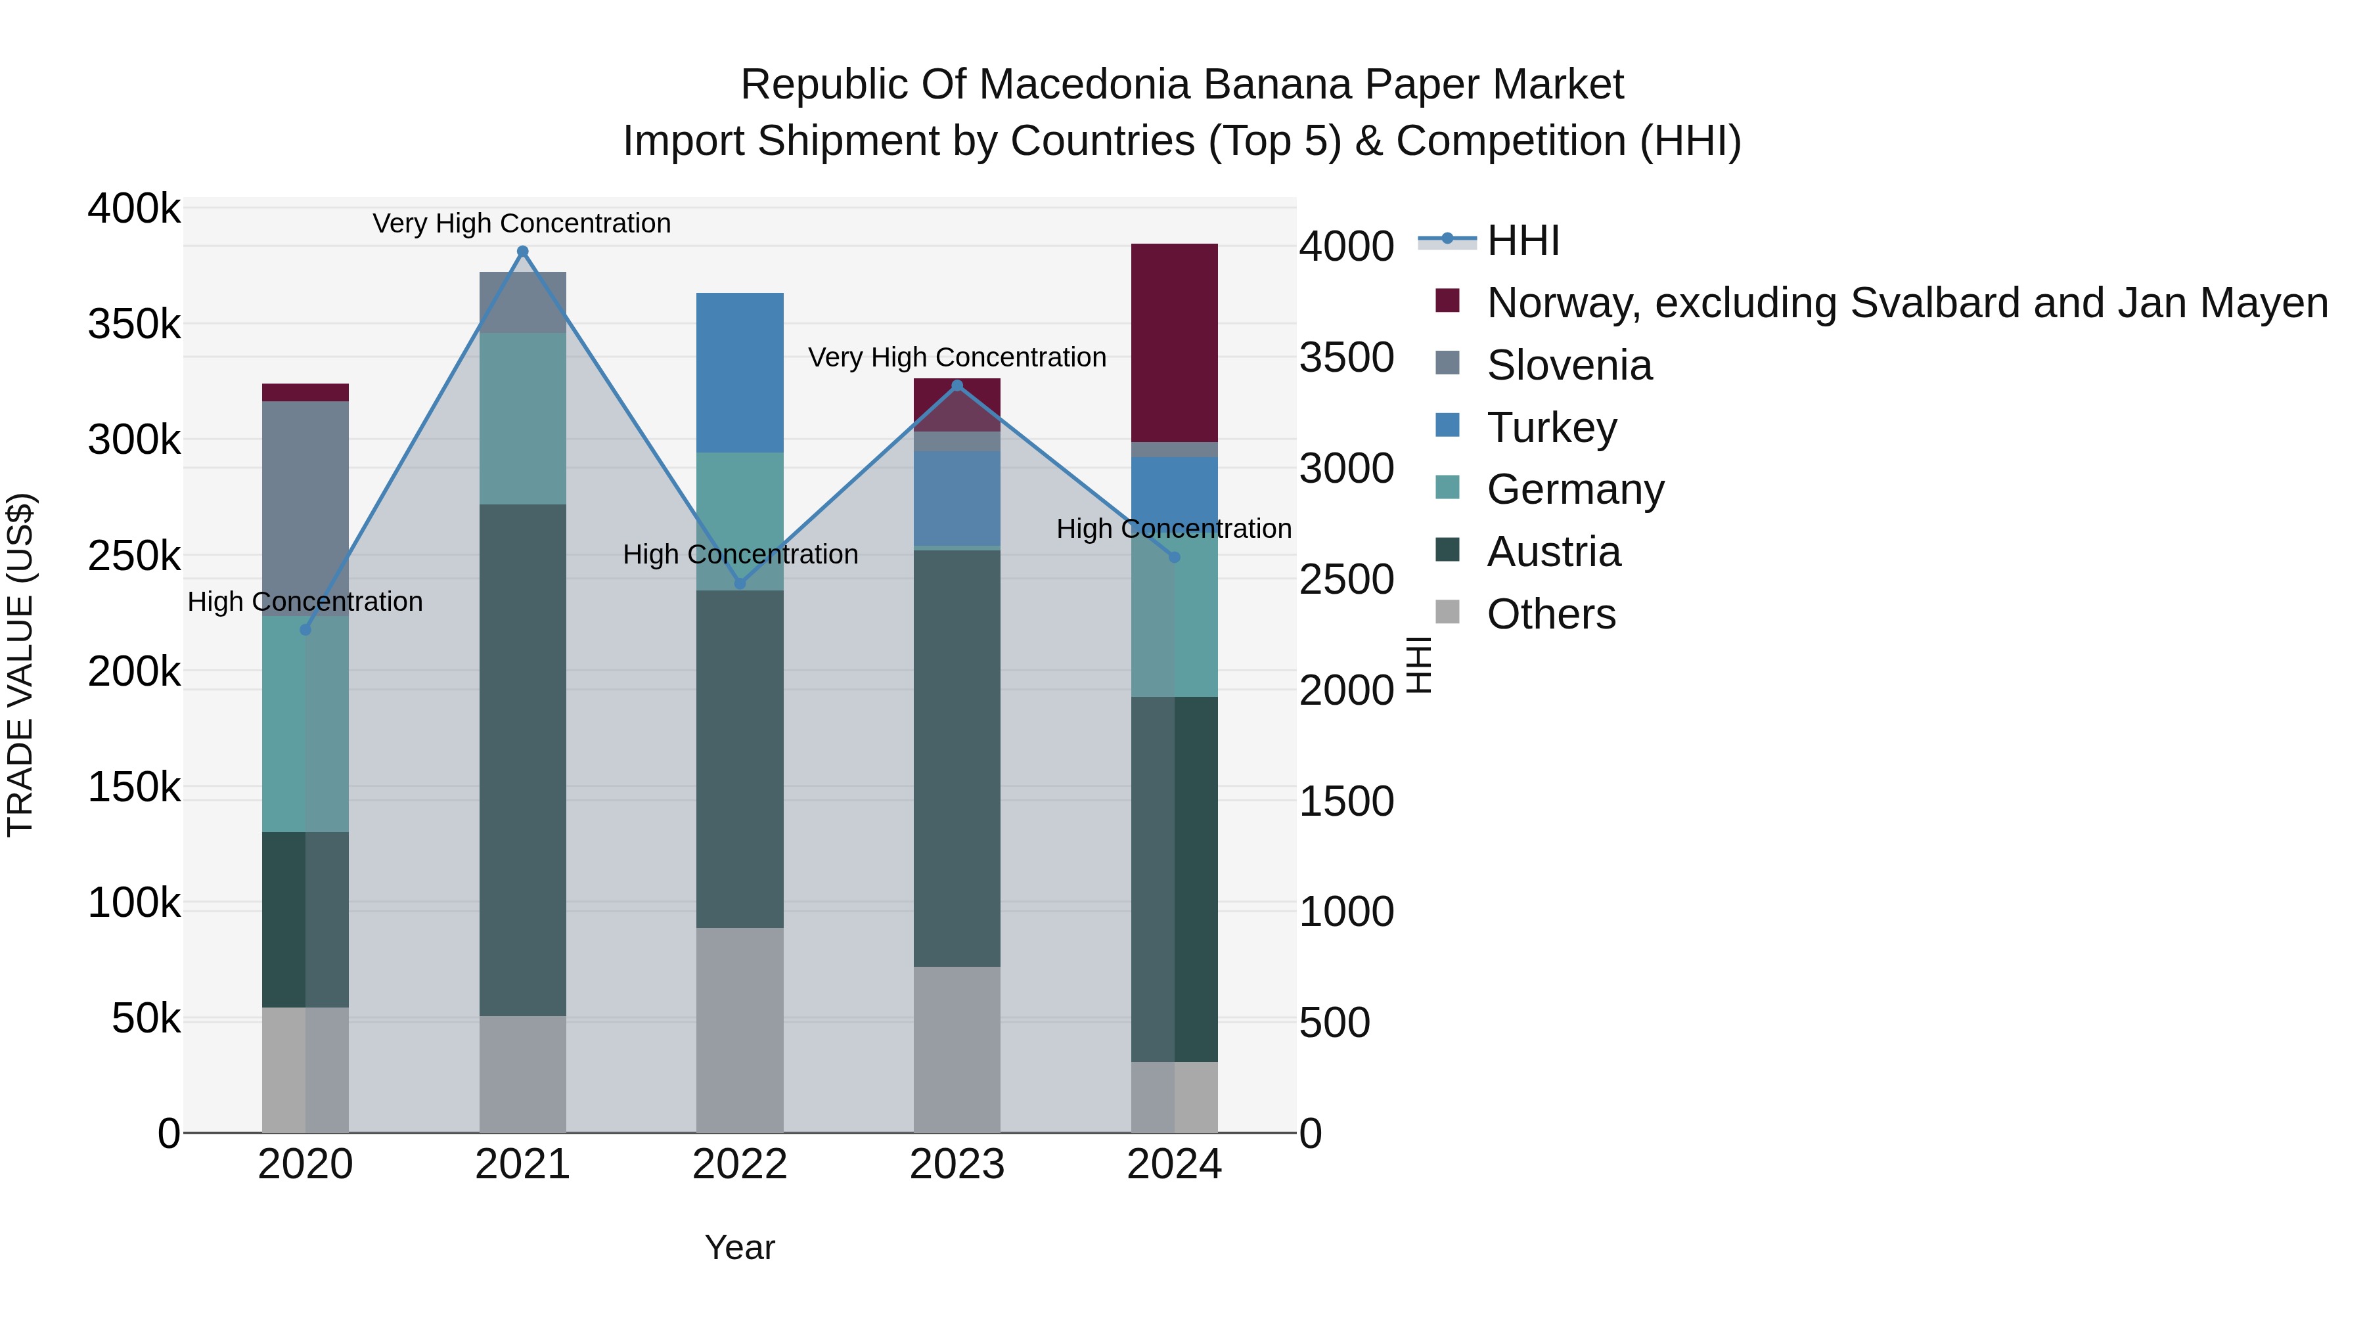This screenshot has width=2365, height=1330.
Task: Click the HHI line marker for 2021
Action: point(522,252)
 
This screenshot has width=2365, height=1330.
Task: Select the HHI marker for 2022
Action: point(740,584)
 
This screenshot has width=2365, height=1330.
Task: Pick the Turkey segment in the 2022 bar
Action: point(740,372)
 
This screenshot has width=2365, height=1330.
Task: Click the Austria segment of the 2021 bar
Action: point(522,760)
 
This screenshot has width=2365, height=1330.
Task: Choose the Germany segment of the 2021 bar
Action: point(522,418)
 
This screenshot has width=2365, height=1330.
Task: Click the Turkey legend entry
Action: point(1552,428)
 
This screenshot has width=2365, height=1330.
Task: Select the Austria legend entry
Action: point(1554,552)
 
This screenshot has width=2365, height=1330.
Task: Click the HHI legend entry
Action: point(1522,240)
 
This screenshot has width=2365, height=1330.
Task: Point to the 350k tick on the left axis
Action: point(134,324)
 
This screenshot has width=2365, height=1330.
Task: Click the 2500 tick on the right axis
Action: point(1346,579)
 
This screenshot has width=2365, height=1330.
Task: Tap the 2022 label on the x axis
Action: point(740,1164)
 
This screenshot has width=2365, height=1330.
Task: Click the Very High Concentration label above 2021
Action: point(522,223)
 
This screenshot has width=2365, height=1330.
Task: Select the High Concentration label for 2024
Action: point(1174,529)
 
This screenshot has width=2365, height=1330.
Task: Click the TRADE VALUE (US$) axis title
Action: point(20,665)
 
